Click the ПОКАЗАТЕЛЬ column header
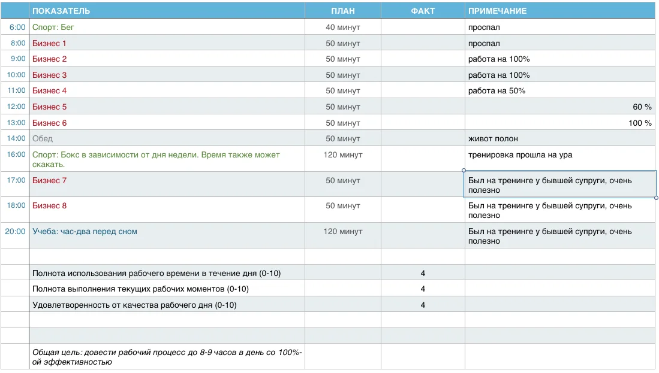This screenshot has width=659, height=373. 61,11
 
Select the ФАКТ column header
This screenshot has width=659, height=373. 423,11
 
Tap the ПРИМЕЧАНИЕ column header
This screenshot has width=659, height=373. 497,11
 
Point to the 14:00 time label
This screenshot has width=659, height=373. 16,138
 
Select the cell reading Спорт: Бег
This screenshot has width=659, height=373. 53,27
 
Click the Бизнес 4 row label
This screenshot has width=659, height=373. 49,90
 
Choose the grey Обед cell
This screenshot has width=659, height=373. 43,138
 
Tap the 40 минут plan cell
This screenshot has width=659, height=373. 343,27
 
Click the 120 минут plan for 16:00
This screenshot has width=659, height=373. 343,154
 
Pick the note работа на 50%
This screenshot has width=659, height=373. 496,90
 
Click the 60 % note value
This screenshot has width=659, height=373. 642,107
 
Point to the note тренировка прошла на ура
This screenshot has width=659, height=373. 520,154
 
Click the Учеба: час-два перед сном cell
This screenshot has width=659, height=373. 85,231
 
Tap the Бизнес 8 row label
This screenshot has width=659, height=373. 49,205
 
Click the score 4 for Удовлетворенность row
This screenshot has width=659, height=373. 423,305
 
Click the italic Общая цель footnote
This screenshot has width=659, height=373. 167,357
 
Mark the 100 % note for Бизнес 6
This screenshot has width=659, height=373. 639,123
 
